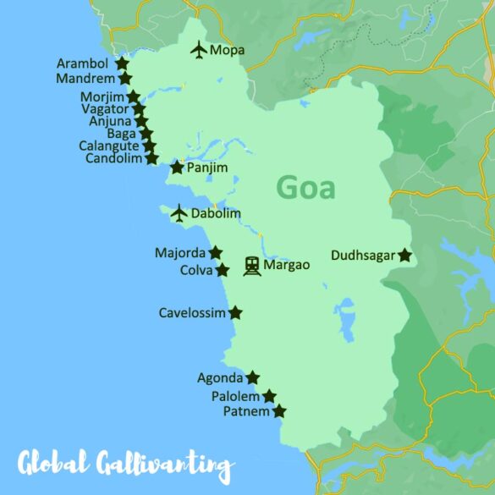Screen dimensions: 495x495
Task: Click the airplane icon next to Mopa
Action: point(199,50)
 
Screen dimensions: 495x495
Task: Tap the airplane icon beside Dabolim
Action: point(179,213)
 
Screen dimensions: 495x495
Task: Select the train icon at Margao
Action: point(252,266)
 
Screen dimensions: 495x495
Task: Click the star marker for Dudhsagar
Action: point(404,255)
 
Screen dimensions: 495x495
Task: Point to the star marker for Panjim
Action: point(177,168)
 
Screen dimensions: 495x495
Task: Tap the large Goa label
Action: point(305,188)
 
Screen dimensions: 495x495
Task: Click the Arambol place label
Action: point(82,63)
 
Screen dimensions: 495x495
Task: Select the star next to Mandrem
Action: point(124,79)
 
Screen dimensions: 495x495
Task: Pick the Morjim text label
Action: point(102,96)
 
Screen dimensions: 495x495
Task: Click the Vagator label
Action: point(105,108)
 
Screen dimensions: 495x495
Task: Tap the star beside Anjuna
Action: point(140,121)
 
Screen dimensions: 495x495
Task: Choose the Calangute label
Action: point(109,146)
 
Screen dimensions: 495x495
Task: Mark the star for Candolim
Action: point(151,157)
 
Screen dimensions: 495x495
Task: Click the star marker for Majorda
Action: point(215,252)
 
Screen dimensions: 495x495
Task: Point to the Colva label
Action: point(196,271)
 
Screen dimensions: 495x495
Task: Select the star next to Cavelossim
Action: point(235,313)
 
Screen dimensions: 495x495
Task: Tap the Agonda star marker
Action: point(252,378)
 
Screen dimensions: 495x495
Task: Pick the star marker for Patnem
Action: point(278,412)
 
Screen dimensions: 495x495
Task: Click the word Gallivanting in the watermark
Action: point(166,465)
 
